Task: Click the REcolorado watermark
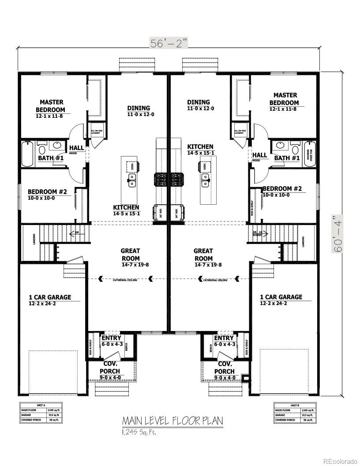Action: tap(340, 461)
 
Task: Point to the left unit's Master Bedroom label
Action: tap(50, 106)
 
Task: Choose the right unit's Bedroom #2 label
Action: tap(282, 188)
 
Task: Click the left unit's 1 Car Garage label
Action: tap(49, 297)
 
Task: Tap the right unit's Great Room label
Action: tap(203, 255)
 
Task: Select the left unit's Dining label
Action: tap(139, 108)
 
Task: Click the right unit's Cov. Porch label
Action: tap(225, 368)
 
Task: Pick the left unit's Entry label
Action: tap(111, 338)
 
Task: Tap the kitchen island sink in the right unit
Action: tap(205, 179)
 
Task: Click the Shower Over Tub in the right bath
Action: tap(309, 154)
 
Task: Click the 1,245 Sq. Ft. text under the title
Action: tap(139, 432)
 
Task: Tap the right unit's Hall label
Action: tap(259, 154)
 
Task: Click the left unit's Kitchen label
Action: tap(126, 207)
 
